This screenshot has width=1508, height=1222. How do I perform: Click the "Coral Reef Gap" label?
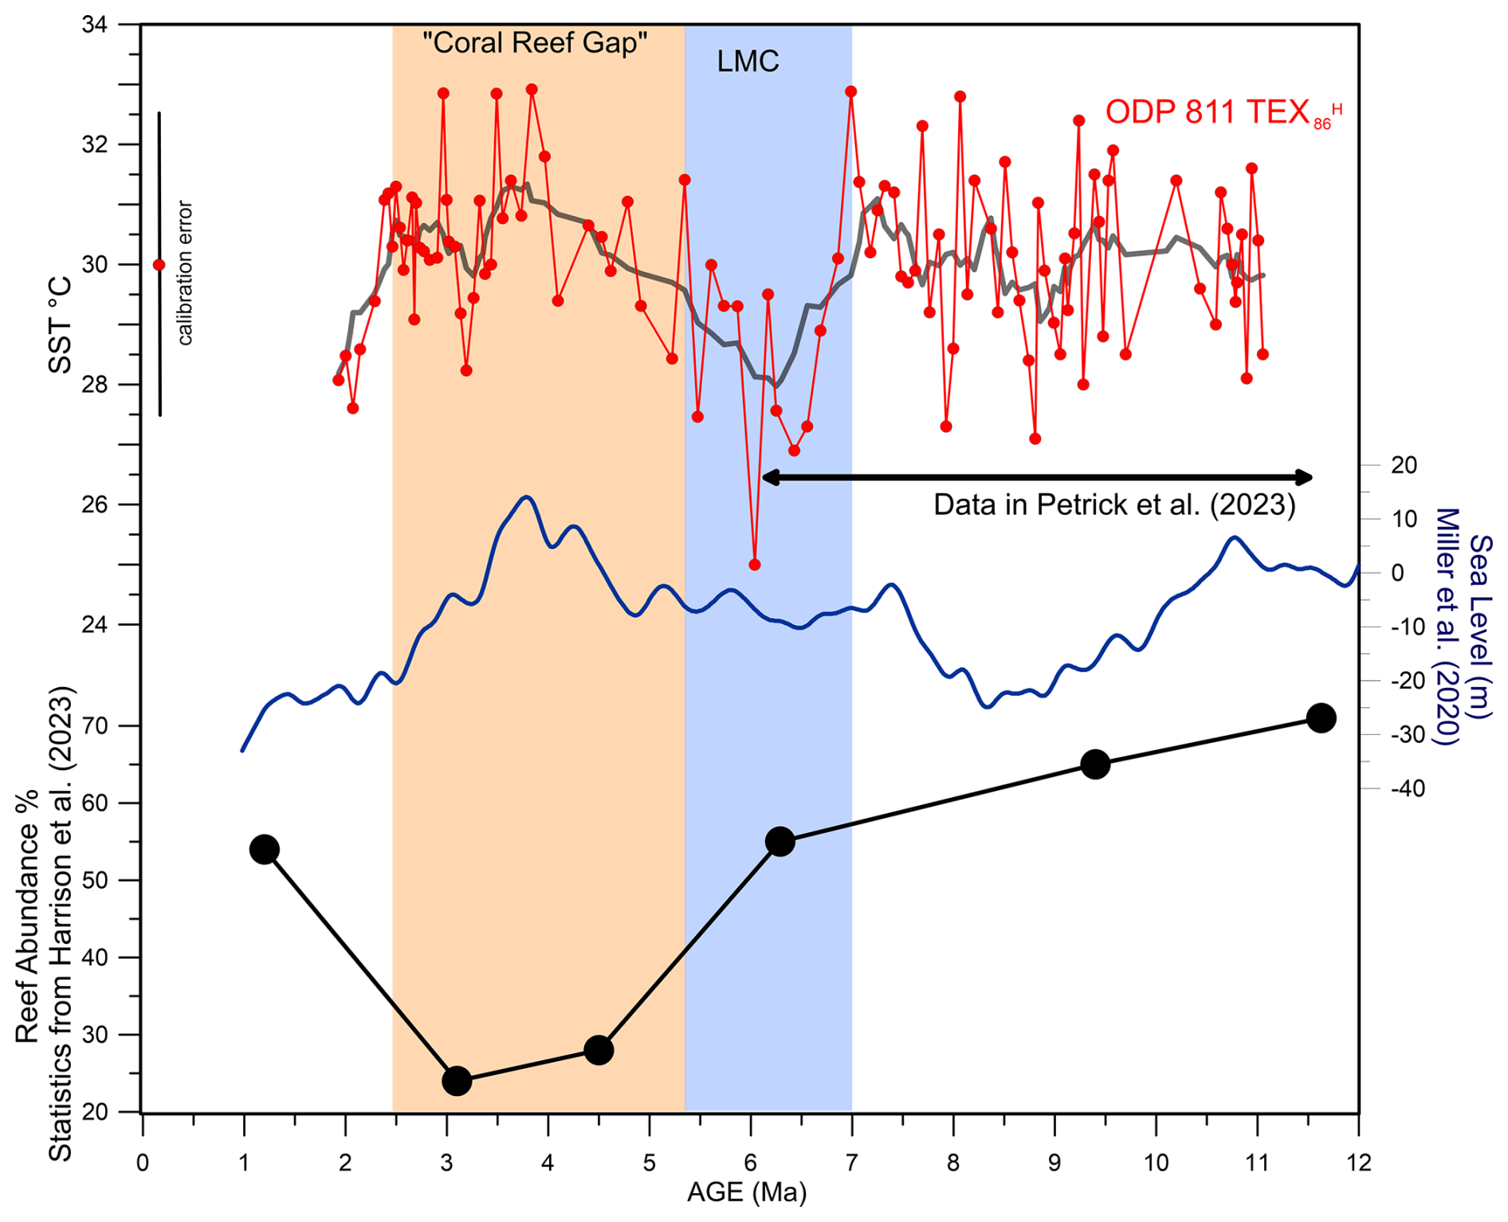tap(534, 42)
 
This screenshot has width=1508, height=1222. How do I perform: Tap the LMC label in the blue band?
tap(747, 61)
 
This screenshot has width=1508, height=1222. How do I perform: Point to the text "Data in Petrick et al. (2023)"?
tap(1113, 505)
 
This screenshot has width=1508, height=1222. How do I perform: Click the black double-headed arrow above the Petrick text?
tap(1037, 477)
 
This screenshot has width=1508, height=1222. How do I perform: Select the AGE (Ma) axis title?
tap(747, 1193)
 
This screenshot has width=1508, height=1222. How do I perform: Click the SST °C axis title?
tap(61, 324)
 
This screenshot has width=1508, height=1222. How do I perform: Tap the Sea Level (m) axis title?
tap(1480, 626)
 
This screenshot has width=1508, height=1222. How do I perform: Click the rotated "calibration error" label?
tap(185, 273)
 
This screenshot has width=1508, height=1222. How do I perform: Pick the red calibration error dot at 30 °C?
tap(159, 265)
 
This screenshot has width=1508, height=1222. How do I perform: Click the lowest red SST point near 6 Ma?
tap(754, 564)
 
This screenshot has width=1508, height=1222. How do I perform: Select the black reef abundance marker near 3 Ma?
tap(457, 1081)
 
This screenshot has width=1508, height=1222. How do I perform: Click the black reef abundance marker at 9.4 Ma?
tap(1095, 764)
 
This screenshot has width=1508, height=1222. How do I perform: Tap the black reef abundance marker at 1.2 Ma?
tap(264, 849)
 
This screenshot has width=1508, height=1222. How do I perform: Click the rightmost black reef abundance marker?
tap(1321, 717)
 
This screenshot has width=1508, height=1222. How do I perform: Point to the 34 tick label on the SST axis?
tap(95, 25)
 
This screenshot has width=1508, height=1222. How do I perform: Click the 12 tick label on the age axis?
tap(1358, 1163)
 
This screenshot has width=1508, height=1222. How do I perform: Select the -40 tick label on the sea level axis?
tap(1408, 788)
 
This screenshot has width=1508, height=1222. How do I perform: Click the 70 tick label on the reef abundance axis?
tap(95, 725)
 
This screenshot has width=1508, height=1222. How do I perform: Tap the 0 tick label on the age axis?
tap(142, 1163)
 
